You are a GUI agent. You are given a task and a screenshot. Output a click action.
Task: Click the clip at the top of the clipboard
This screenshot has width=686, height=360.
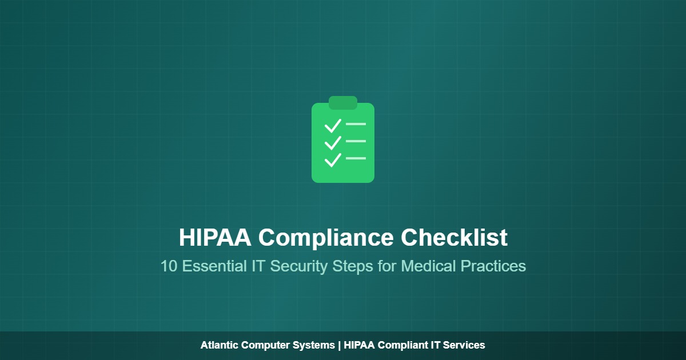click(x=343, y=102)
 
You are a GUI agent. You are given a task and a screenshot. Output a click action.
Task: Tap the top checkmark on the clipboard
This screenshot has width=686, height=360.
click(x=332, y=126)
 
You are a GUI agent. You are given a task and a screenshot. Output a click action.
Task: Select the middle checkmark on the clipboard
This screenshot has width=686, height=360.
click(x=332, y=143)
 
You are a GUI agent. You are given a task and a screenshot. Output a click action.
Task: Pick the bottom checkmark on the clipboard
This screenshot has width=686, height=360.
click(x=332, y=160)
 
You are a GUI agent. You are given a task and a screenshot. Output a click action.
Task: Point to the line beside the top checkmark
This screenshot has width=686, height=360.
click(x=356, y=123)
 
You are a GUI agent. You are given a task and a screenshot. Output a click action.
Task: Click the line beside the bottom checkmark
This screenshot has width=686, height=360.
click(x=356, y=158)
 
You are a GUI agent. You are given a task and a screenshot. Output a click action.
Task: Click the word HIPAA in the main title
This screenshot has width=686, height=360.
click(x=215, y=238)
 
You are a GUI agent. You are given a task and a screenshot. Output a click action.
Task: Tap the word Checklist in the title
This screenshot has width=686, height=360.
click(x=454, y=238)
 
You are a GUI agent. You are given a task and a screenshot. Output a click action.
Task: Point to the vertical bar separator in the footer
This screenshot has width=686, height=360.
click(x=339, y=345)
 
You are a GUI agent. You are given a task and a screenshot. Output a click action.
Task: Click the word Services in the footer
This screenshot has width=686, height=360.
click(x=465, y=345)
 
